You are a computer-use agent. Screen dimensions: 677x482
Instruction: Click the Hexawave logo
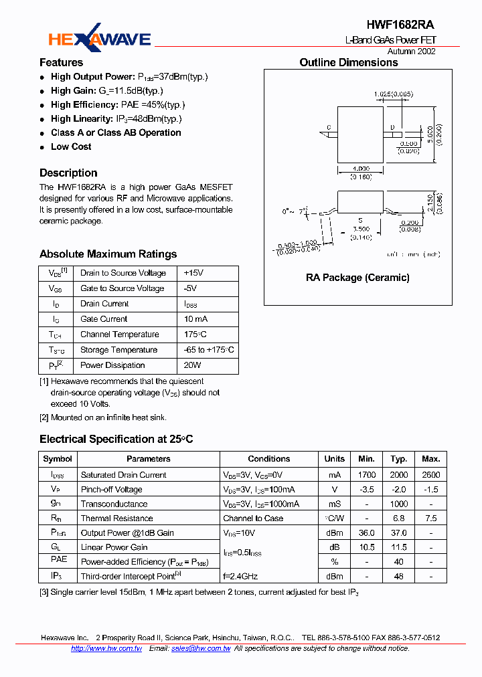pyautogui.click(x=99, y=39)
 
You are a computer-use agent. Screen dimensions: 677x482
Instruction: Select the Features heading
pyautogui.click(x=61, y=62)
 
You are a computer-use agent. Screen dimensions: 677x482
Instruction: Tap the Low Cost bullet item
pyautogui.click(x=71, y=147)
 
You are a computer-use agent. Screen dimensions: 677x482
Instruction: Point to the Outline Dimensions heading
pyautogui.click(x=348, y=62)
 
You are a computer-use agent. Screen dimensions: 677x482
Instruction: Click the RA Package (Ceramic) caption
pyautogui.click(x=357, y=277)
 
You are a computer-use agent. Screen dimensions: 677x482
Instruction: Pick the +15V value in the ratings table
pyautogui.click(x=193, y=273)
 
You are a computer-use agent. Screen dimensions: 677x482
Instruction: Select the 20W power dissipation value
pyautogui.click(x=192, y=365)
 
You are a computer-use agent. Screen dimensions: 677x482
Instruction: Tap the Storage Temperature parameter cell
pyautogui.click(x=118, y=350)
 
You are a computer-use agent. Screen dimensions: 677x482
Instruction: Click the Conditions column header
pyautogui.click(x=268, y=459)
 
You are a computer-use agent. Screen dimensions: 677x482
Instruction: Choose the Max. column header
pyautogui.click(x=430, y=459)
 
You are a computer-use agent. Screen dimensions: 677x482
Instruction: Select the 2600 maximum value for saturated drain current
pyautogui.click(x=430, y=474)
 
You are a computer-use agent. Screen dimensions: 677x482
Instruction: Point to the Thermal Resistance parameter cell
pyautogui.click(x=116, y=518)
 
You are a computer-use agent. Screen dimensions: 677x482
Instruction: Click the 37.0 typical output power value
pyautogui.click(x=399, y=533)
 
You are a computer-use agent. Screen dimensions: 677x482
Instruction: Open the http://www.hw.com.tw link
pyautogui.click(x=106, y=648)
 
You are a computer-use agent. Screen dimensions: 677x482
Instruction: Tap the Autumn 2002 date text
pyautogui.click(x=412, y=52)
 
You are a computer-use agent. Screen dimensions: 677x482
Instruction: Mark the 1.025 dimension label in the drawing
pyautogui.click(x=382, y=94)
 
